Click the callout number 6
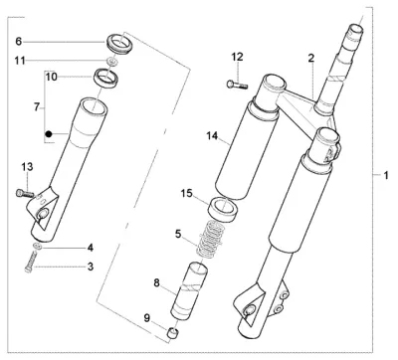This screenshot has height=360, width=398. tap(19, 42)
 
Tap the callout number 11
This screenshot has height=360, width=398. tap(20, 61)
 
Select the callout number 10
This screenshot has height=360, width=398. tap(52, 77)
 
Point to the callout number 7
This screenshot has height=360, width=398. tap(37, 107)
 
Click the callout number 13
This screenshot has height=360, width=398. tap(28, 167)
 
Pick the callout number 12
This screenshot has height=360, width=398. tap(237, 57)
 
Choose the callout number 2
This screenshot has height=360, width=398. tap(310, 59)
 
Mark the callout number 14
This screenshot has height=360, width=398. tap(212, 135)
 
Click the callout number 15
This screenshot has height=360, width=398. tap(187, 193)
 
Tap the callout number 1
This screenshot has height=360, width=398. tap(386, 175)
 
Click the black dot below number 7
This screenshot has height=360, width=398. tap(49, 134)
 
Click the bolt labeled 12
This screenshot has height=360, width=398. tap(237, 85)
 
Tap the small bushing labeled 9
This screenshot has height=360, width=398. tap(172, 333)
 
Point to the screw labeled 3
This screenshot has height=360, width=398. tap(30, 263)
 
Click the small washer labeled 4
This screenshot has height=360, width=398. tap(38, 247)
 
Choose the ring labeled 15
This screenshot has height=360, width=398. tap(223, 209)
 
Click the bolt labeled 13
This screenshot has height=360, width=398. tap(24, 193)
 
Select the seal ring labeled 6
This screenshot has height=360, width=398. tap(119, 43)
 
